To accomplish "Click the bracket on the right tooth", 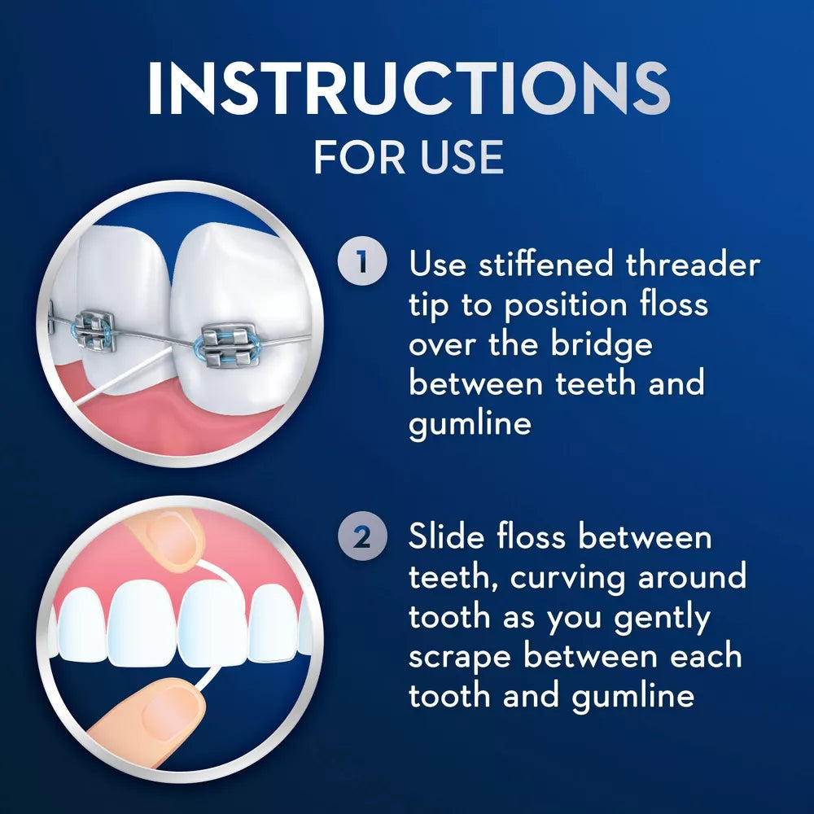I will [229, 344].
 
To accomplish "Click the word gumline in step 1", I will [470, 423].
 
